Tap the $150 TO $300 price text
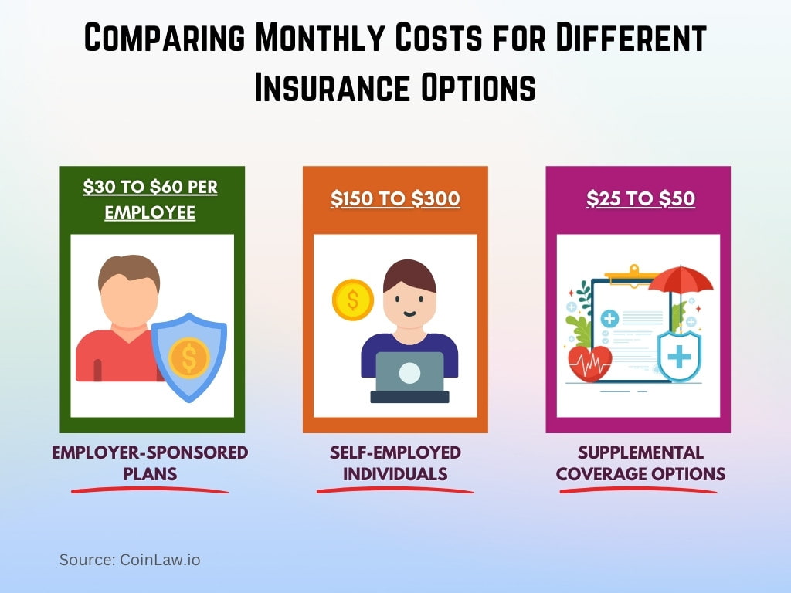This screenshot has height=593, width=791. (395, 199)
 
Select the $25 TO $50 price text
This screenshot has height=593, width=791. (640, 199)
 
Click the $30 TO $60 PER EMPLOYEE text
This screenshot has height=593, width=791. (151, 200)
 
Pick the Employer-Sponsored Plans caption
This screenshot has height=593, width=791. (150, 463)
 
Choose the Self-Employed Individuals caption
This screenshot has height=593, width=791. (395, 463)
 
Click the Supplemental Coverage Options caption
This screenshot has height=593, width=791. (640, 463)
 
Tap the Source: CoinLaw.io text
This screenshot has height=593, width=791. (130, 560)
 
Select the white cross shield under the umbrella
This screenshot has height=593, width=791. (678, 356)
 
